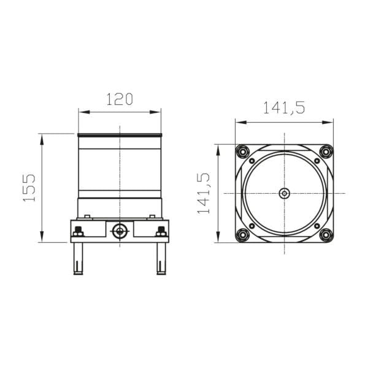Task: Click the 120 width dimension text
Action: click(x=120, y=99)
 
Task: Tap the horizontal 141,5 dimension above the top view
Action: click(x=284, y=109)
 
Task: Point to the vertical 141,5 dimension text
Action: click(x=204, y=193)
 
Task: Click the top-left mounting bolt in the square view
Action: click(x=242, y=151)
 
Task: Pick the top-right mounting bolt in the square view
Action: click(x=326, y=151)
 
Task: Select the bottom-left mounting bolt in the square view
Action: click(x=242, y=234)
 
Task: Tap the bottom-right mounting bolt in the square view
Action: click(x=326, y=234)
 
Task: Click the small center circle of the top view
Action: click(x=284, y=193)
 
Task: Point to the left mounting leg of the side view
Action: click(x=78, y=258)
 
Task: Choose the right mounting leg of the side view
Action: click(x=161, y=258)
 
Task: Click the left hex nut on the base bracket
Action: click(x=78, y=232)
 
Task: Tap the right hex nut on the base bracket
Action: click(x=161, y=232)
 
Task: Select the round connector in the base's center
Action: click(x=120, y=231)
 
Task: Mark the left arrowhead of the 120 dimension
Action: click(x=82, y=112)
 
